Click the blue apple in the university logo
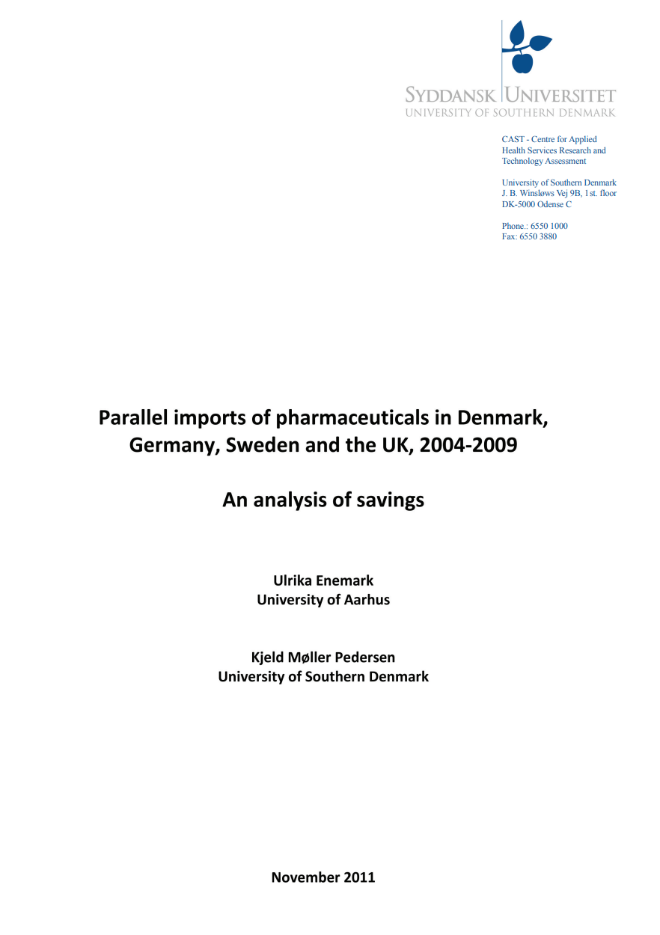(525, 62)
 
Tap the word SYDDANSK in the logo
(451, 96)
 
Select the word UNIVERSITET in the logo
(561, 96)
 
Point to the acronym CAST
(512, 140)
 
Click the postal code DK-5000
(519, 204)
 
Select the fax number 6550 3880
(539, 236)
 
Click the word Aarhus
(364, 599)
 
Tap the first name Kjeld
(268, 657)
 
